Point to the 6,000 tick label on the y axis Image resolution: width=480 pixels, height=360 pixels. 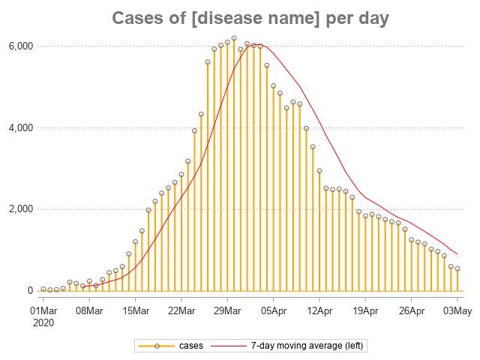[19, 46]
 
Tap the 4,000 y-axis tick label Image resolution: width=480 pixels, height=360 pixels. [19, 128]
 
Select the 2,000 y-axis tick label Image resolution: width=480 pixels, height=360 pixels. [19, 209]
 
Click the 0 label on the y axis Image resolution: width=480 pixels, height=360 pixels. [30, 291]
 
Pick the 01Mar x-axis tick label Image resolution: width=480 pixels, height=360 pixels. [43, 309]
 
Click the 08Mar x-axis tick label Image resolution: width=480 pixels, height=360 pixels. [89, 309]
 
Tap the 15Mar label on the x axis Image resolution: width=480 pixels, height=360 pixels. [135, 309]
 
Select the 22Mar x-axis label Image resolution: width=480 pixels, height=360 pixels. [181, 309]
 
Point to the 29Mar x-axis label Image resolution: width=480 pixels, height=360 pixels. [227, 309]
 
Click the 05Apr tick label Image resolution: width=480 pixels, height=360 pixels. [273, 309]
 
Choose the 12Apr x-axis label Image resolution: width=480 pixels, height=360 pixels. [319, 309]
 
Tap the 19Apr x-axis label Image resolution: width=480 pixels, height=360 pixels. [365, 309]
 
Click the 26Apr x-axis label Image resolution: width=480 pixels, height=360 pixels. [411, 309]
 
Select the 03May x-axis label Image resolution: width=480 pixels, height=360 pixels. [457, 309]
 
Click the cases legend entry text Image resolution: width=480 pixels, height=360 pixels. [190, 346]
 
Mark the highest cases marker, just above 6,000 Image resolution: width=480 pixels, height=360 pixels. [234, 38]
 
